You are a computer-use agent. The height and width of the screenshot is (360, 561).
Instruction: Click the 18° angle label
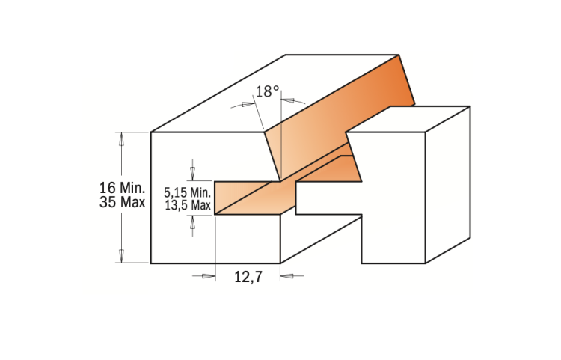267,91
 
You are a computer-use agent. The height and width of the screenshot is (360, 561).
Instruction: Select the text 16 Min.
122,187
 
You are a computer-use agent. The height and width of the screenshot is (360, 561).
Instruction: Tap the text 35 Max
122,202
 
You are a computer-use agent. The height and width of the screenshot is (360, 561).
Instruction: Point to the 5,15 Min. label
187,191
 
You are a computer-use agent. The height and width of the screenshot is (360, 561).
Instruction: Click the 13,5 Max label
187,204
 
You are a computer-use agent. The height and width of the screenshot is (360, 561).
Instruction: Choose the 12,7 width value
247,277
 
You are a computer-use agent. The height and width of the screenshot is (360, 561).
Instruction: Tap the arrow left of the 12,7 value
205,276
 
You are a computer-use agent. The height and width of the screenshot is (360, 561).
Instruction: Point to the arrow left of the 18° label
241,105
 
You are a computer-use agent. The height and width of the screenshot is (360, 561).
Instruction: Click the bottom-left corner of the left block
151,263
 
